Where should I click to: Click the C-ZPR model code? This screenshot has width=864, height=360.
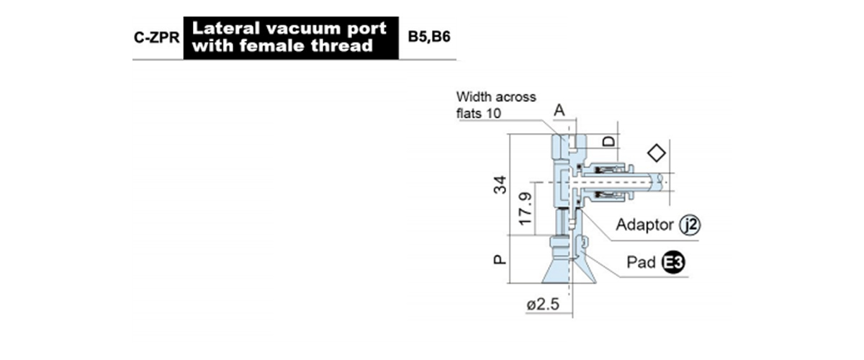coord(157,38)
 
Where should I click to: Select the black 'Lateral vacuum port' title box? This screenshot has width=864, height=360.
coord(291,38)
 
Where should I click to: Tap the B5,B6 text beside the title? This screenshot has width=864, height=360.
coord(429,37)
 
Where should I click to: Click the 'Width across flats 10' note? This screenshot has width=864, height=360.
coord(496,105)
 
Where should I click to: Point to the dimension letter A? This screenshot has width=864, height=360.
coord(559,110)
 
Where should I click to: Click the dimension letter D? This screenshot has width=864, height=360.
coord(609,142)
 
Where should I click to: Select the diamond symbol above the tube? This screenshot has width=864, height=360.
coord(657,153)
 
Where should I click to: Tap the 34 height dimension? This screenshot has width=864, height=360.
coord(500,185)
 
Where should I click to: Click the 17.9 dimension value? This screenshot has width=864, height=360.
coord(526,209)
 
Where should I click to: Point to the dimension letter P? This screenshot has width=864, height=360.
coord(500,260)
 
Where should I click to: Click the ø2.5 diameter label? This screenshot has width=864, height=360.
coord(543,305)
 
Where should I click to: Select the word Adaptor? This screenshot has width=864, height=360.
coord(644,225)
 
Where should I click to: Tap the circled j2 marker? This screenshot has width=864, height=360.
coord(690,225)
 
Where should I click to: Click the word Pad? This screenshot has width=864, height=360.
coord(641,262)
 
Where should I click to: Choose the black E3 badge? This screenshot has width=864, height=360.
coord(673,263)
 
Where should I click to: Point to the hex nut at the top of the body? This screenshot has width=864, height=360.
coord(559,148)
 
